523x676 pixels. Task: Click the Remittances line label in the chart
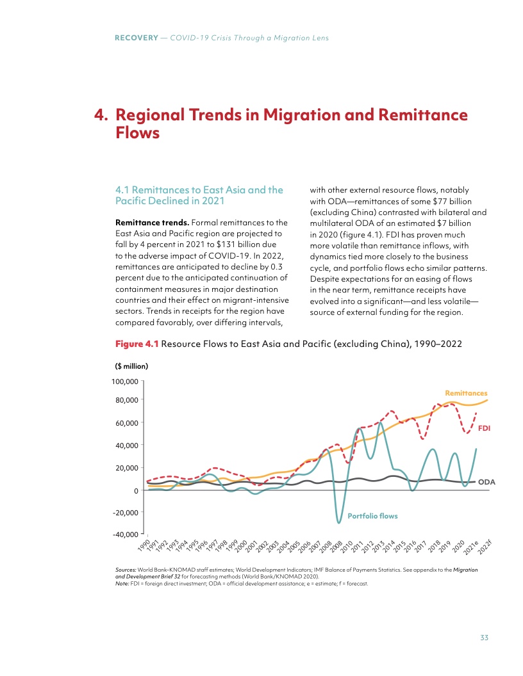466,392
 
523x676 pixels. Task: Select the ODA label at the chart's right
487,481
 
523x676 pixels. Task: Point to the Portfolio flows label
372,515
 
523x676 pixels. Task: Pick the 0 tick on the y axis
137,490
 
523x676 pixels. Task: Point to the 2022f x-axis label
485,546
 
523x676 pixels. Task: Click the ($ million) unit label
131,366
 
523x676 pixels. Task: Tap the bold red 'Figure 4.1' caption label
137,344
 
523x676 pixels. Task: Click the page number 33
485,637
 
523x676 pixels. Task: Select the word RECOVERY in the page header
136,38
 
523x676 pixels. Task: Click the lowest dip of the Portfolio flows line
338,523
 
